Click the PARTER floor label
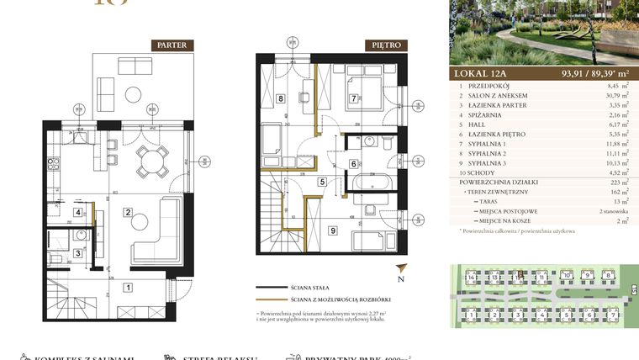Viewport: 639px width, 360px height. point(173,45)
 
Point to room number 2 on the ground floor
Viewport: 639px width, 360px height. point(129,212)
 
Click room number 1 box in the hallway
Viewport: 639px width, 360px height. point(129,288)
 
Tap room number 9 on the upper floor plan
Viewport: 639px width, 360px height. point(333,230)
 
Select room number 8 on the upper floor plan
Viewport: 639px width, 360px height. point(280,98)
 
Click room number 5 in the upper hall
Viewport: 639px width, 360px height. point(322,181)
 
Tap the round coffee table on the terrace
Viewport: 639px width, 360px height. point(134,93)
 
